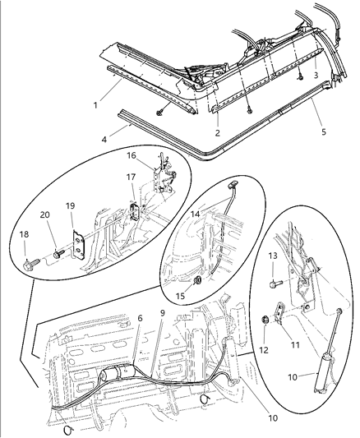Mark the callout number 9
(162, 313)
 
